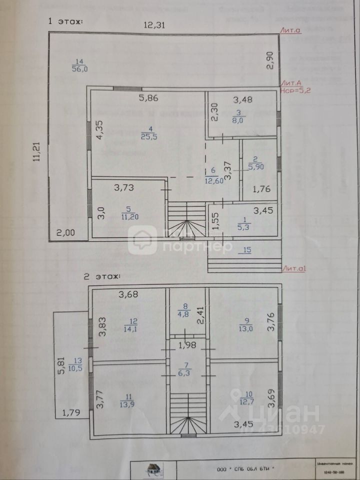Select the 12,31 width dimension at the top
click(155, 25)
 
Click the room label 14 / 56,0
click(77, 65)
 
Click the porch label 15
click(244, 249)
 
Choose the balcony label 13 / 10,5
click(76, 364)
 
